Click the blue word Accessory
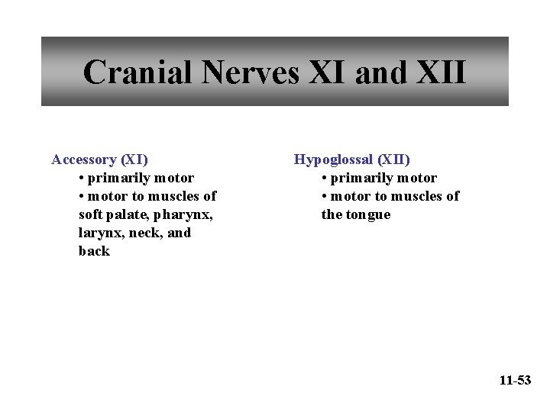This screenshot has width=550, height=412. [x=83, y=160]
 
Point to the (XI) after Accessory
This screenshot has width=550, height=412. [x=134, y=160]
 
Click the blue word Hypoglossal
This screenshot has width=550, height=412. [x=334, y=160]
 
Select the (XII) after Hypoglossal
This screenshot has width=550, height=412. [x=393, y=160]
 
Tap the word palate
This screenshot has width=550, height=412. [x=130, y=215]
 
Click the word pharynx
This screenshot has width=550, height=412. [x=186, y=215]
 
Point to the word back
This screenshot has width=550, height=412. [x=94, y=252]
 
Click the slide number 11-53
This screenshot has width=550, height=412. [x=515, y=380]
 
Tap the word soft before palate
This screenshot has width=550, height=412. [x=91, y=215]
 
